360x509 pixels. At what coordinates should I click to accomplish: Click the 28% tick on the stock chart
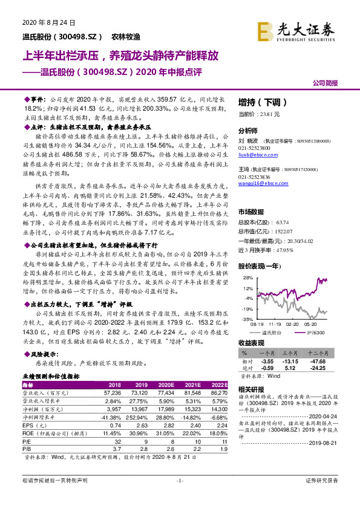[247, 277]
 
